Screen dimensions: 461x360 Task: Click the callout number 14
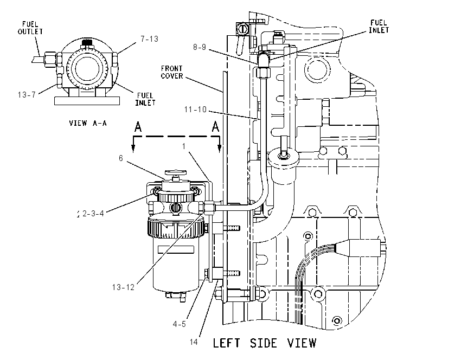tap(194, 342)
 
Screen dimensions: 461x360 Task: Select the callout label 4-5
tap(180, 324)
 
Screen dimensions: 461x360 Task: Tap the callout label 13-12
tap(123, 287)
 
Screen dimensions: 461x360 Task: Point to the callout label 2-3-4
tap(93, 214)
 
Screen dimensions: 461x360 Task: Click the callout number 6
tap(121, 158)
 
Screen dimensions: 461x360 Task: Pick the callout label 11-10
tap(195, 110)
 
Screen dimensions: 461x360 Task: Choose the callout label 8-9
tap(200, 47)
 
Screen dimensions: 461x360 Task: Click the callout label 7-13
tap(149, 39)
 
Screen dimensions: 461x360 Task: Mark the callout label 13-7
tap(27, 95)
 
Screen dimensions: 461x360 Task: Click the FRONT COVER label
tap(172, 72)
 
